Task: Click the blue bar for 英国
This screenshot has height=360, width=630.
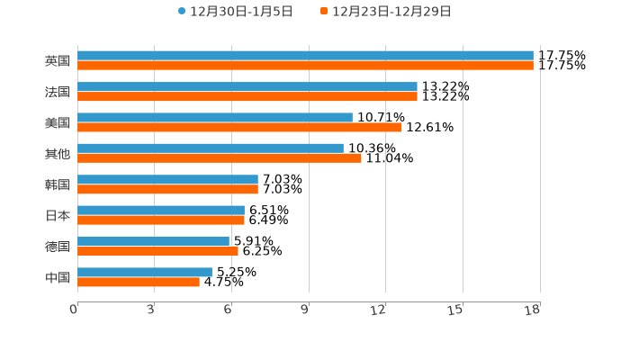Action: tap(305, 56)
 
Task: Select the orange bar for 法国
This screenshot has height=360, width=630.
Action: tap(247, 96)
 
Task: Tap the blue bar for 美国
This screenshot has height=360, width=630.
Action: tap(215, 117)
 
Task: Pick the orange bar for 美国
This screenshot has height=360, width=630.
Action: tap(239, 127)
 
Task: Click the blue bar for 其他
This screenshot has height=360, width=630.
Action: tap(211, 148)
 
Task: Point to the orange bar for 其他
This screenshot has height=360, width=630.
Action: tap(220, 158)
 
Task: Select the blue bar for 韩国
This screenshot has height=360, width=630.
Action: tap(167, 179)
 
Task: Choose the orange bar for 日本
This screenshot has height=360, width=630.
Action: tap(161, 220)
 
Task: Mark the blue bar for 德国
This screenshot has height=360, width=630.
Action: tap(154, 241)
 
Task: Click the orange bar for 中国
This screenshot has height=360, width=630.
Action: tap(139, 282)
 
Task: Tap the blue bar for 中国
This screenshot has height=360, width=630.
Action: tap(145, 272)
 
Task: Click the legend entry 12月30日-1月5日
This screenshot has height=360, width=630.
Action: tap(236, 12)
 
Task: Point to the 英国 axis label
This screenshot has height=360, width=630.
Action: tap(58, 61)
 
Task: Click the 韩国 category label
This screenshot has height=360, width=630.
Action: tap(58, 184)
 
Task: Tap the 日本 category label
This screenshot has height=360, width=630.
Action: tap(58, 215)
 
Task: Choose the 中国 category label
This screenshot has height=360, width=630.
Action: tap(58, 277)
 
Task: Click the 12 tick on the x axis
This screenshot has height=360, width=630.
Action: tap(379, 310)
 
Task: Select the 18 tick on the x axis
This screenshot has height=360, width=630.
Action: tap(533, 310)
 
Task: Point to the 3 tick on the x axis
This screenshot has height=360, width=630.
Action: tap(150, 310)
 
